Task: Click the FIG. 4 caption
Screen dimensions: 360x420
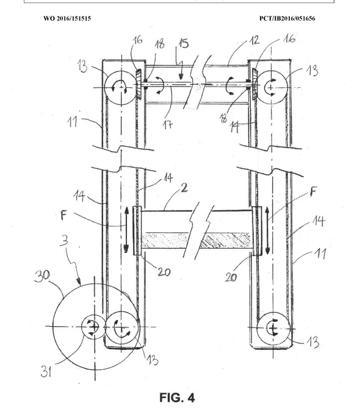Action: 177,397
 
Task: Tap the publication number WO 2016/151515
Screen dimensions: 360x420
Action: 67,18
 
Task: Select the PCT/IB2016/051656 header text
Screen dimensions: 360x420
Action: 287,18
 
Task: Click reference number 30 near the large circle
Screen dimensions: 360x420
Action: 42,276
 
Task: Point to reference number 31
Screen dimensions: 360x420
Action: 46,372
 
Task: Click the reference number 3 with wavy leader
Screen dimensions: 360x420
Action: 64,240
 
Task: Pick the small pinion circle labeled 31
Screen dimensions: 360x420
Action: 93,327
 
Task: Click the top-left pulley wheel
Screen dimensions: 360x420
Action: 121,87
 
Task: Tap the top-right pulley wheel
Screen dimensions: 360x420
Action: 272,87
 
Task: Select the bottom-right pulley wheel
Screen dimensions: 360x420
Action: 273,328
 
